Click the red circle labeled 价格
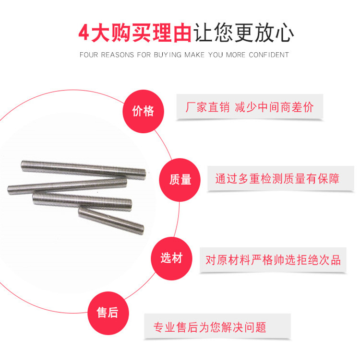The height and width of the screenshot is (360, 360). (143, 112)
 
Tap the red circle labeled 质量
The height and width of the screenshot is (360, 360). (180, 180)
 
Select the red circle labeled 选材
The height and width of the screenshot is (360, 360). (171, 258)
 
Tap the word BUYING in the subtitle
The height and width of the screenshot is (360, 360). (168, 55)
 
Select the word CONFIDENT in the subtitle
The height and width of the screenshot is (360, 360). (269, 55)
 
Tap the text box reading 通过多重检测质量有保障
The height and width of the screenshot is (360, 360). (277, 179)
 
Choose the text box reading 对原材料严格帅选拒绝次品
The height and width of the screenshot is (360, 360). (273, 260)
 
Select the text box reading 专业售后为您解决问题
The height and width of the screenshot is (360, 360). (210, 328)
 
